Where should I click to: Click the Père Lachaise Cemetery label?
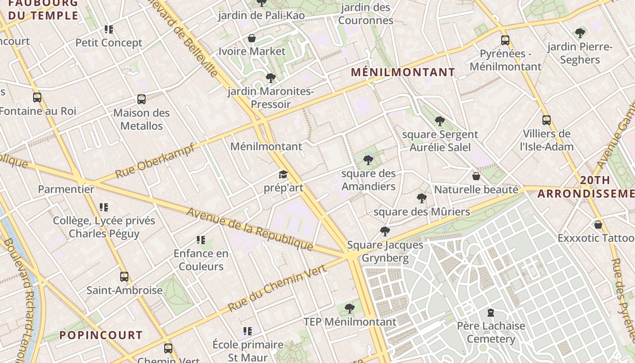pyautogui.click(x=491, y=332)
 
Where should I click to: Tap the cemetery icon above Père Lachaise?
pyautogui.click(x=490, y=313)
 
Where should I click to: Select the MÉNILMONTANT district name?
pyautogui.click(x=403, y=72)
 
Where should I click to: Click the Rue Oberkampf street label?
pyautogui.click(x=155, y=161)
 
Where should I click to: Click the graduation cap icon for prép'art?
pyautogui.click(x=283, y=175)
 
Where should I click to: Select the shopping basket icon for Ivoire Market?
pyautogui.click(x=252, y=38)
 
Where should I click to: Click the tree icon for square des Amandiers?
pyautogui.click(x=368, y=160)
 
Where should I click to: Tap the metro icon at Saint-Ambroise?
pyautogui.click(x=124, y=277)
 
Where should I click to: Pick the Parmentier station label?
pyautogui.click(x=66, y=189)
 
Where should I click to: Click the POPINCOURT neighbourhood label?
pyautogui.click(x=101, y=335)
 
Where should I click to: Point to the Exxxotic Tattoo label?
pyautogui.click(x=596, y=238)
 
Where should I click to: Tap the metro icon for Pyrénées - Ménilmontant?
pyautogui.click(x=505, y=40)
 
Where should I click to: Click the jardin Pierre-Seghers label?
pyautogui.click(x=580, y=53)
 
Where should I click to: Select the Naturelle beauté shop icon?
pyautogui.click(x=476, y=176)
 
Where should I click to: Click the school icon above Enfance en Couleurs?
pyautogui.click(x=201, y=240)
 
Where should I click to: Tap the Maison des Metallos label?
pyautogui.click(x=141, y=119)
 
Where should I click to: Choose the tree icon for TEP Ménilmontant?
pyautogui.click(x=349, y=309)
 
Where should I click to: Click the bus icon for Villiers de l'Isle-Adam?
pyautogui.click(x=547, y=120)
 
